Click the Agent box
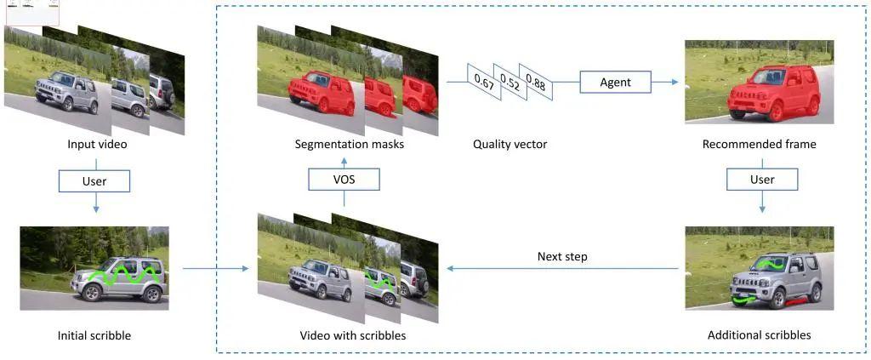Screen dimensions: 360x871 [x=615, y=83]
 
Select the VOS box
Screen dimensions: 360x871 [x=343, y=180]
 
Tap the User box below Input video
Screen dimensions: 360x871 [x=94, y=180]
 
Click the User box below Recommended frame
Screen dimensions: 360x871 [x=762, y=180]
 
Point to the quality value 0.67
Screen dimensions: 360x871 [x=484, y=82]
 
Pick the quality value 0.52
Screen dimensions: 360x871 [x=510, y=82]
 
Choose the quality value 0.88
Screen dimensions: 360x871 [x=535, y=82]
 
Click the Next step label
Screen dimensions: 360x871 [x=561, y=256]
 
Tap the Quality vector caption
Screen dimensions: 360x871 [x=510, y=145]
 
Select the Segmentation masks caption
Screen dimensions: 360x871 [x=349, y=145]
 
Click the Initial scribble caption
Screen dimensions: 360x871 [x=94, y=335]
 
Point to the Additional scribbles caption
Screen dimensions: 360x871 [x=759, y=335]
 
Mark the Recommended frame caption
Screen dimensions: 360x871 [x=759, y=145]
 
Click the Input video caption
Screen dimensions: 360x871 [x=97, y=145]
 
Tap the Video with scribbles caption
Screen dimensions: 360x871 [x=352, y=335]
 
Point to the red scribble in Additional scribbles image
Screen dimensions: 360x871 [x=795, y=302]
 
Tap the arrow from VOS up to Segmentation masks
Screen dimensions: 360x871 [x=343, y=161]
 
